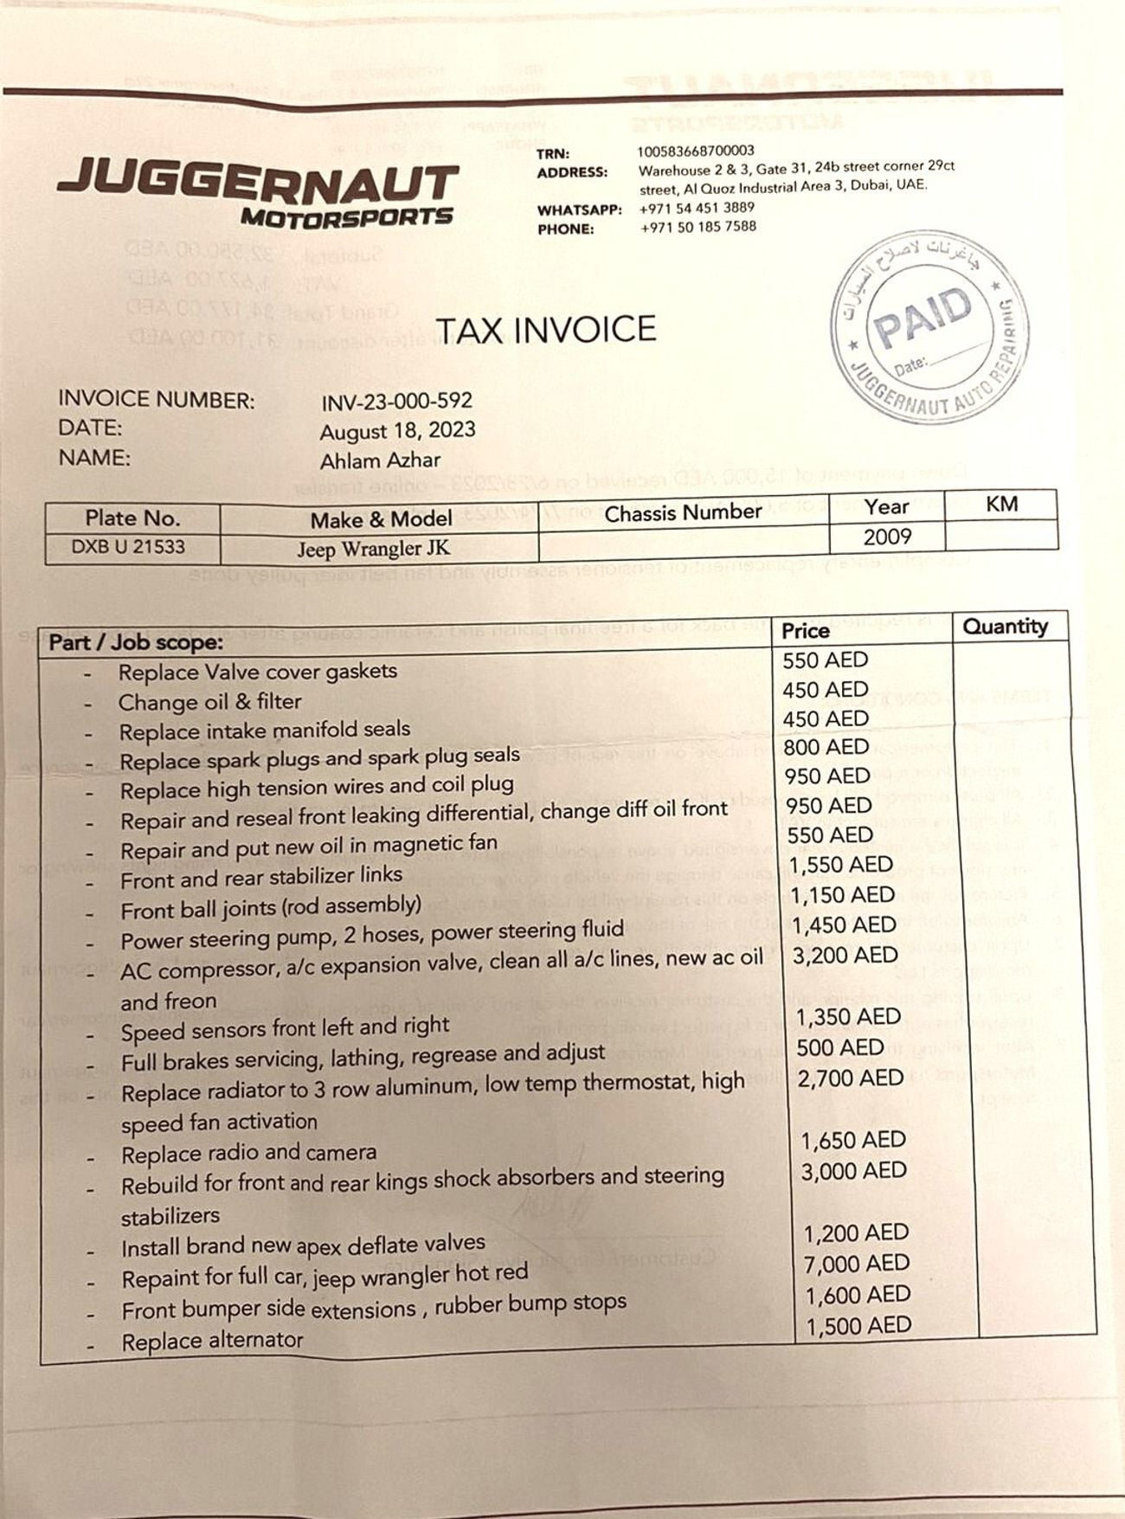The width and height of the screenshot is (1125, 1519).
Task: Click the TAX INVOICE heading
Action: (545, 330)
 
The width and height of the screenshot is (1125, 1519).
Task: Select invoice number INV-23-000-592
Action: (397, 402)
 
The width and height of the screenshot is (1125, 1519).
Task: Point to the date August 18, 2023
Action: (397, 431)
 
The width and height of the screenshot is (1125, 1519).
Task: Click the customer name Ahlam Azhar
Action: (380, 460)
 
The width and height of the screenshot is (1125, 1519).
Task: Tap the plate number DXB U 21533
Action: (128, 547)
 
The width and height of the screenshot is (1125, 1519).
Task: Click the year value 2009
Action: (887, 537)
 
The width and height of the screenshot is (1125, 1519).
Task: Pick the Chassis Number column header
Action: (683, 513)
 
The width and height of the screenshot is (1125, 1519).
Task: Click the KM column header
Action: (1001, 504)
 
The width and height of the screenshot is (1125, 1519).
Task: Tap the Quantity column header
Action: (1005, 626)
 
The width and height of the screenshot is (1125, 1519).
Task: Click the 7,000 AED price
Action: (856, 1265)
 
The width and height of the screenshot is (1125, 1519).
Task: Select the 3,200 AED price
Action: (845, 955)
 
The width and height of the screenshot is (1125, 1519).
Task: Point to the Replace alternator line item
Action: (213, 1341)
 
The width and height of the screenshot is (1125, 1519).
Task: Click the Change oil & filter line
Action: (210, 702)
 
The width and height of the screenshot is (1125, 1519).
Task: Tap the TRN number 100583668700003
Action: (696, 151)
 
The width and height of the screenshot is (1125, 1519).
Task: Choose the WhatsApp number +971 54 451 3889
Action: (697, 208)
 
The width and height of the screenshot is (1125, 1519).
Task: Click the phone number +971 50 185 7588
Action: (697, 227)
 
